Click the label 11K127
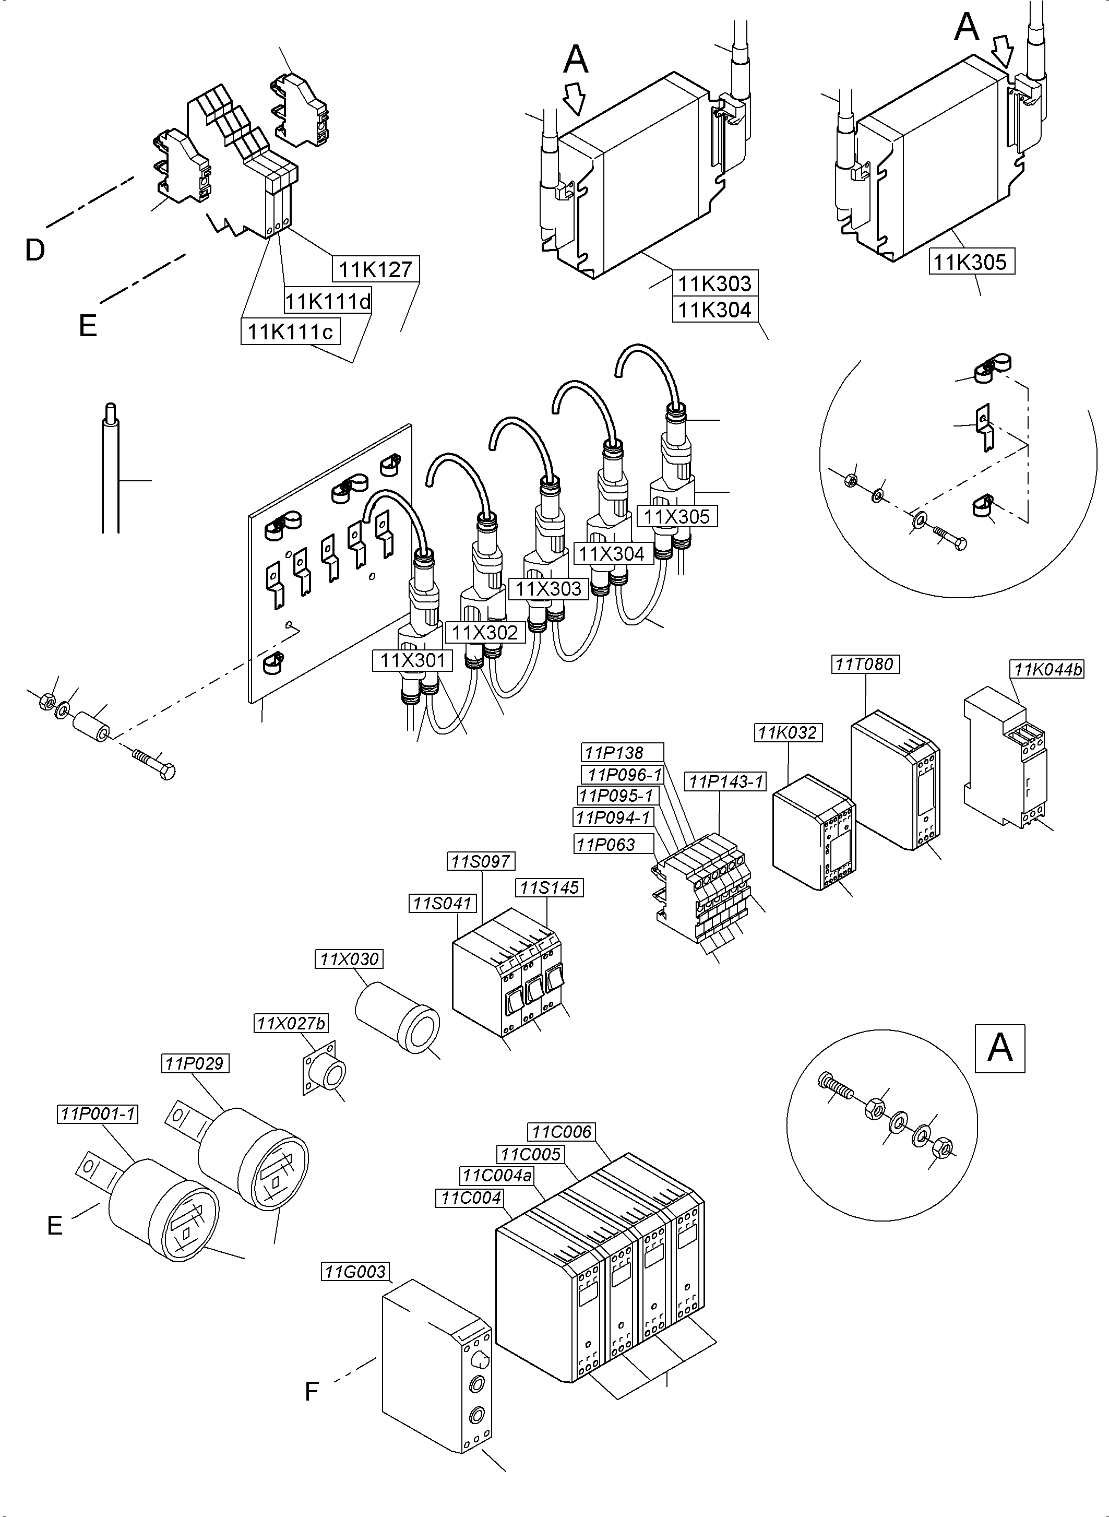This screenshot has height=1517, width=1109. pyautogui.click(x=375, y=269)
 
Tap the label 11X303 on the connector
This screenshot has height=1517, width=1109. pyautogui.click(x=548, y=589)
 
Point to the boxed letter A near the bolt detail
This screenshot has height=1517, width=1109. pyautogui.click(x=999, y=1048)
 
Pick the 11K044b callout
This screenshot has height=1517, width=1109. pyautogui.click(x=1047, y=670)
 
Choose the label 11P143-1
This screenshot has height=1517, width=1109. pyautogui.click(x=726, y=781)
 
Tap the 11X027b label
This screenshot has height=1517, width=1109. pyautogui.click(x=291, y=1023)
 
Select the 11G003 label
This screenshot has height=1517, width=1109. pyautogui.click(x=356, y=1272)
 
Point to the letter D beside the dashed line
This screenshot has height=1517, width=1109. pyautogui.click(x=34, y=251)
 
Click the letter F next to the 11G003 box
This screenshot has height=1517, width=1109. pyautogui.click(x=311, y=1392)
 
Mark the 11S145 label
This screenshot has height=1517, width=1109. pyautogui.click(x=548, y=888)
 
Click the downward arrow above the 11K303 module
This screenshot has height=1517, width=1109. pyautogui.click(x=575, y=98)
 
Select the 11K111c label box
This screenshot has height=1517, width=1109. pyautogui.click(x=290, y=331)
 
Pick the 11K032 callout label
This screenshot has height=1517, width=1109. pyautogui.click(x=788, y=732)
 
